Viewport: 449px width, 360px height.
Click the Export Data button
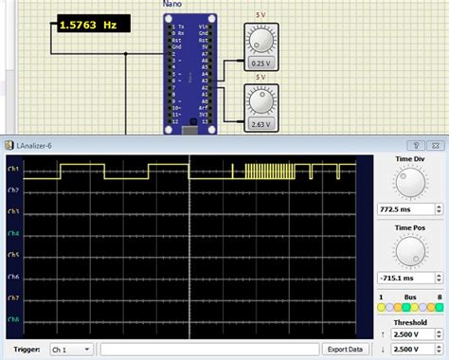coord(345,350)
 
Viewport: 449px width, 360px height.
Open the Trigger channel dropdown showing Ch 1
coord(71,350)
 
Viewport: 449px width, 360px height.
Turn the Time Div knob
coord(408,184)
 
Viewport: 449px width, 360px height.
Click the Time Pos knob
coord(408,250)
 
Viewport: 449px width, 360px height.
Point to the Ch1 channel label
coord(13,170)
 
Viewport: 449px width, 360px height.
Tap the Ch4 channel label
coord(13,234)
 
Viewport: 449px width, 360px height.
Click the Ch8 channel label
coord(13,319)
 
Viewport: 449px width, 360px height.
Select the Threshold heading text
coord(408,321)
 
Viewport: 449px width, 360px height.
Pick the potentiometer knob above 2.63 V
coord(259,100)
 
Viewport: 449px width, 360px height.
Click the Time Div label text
coord(408,159)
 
